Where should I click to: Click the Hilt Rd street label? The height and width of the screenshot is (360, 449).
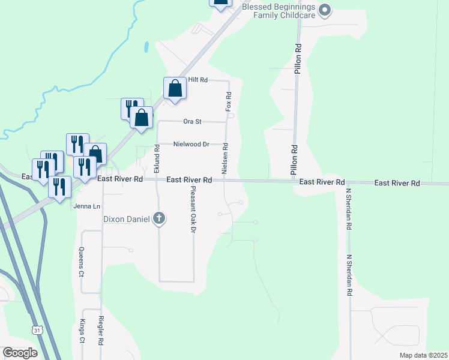(x=197, y=80)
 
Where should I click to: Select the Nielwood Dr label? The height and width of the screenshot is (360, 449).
(x=191, y=144)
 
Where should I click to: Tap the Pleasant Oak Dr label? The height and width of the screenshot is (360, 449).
(x=193, y=210)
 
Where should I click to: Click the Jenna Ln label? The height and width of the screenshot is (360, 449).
(x=85, y=206)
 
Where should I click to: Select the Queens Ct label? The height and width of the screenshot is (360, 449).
(x=82, y=262)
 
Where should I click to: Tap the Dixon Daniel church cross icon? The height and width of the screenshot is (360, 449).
(x=159, y=218)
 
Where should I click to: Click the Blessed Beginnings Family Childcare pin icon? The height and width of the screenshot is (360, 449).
(x=325, y=10)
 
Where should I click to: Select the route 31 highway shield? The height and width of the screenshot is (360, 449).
(x=37, y=330)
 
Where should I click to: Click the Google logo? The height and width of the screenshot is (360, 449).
(x=20, y=353)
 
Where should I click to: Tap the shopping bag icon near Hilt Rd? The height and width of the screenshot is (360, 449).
(x=175, y=88)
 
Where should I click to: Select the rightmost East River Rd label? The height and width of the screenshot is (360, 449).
(x=397, y=183)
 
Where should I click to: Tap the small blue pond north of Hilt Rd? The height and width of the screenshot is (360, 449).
(x=146, y=46)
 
